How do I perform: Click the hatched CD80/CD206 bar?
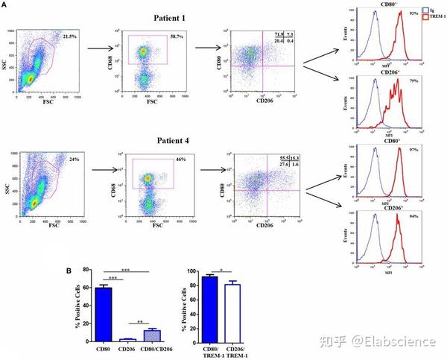(x=153, y=335)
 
